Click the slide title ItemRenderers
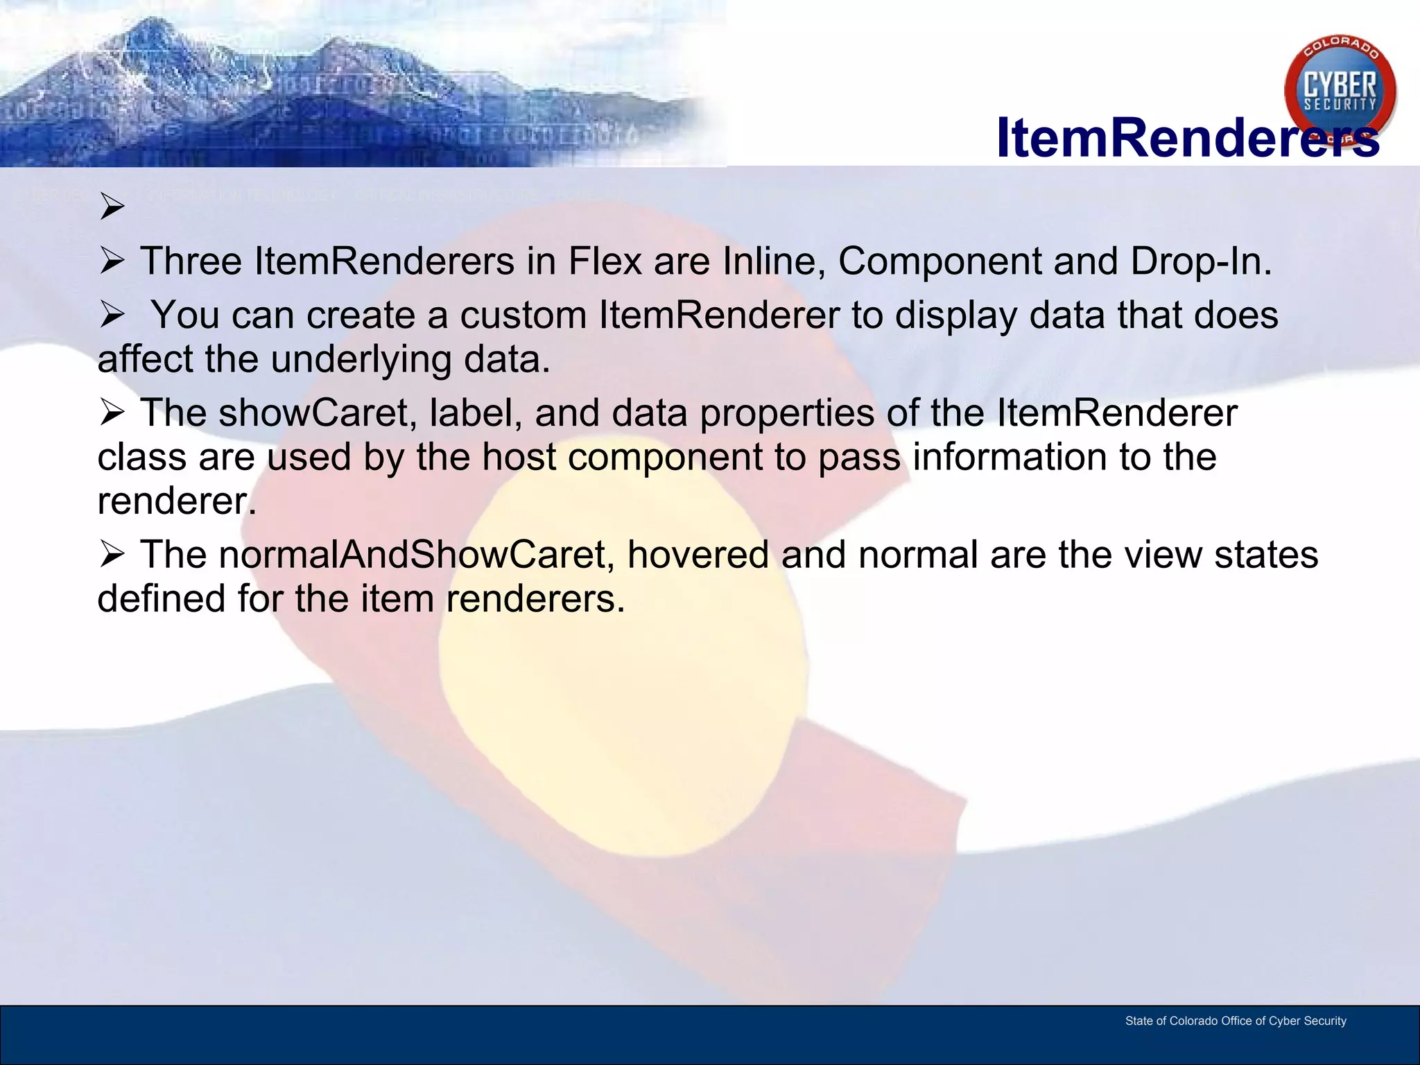tap(1187, 138)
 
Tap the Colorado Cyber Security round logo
tap(1340, 90)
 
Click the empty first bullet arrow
tap(112, 206)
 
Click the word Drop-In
tap(1201, 261)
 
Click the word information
tap(1009, 458)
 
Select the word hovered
tap(698, 555)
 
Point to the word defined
tap(161, 599)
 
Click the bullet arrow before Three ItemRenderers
tap(112, 261)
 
